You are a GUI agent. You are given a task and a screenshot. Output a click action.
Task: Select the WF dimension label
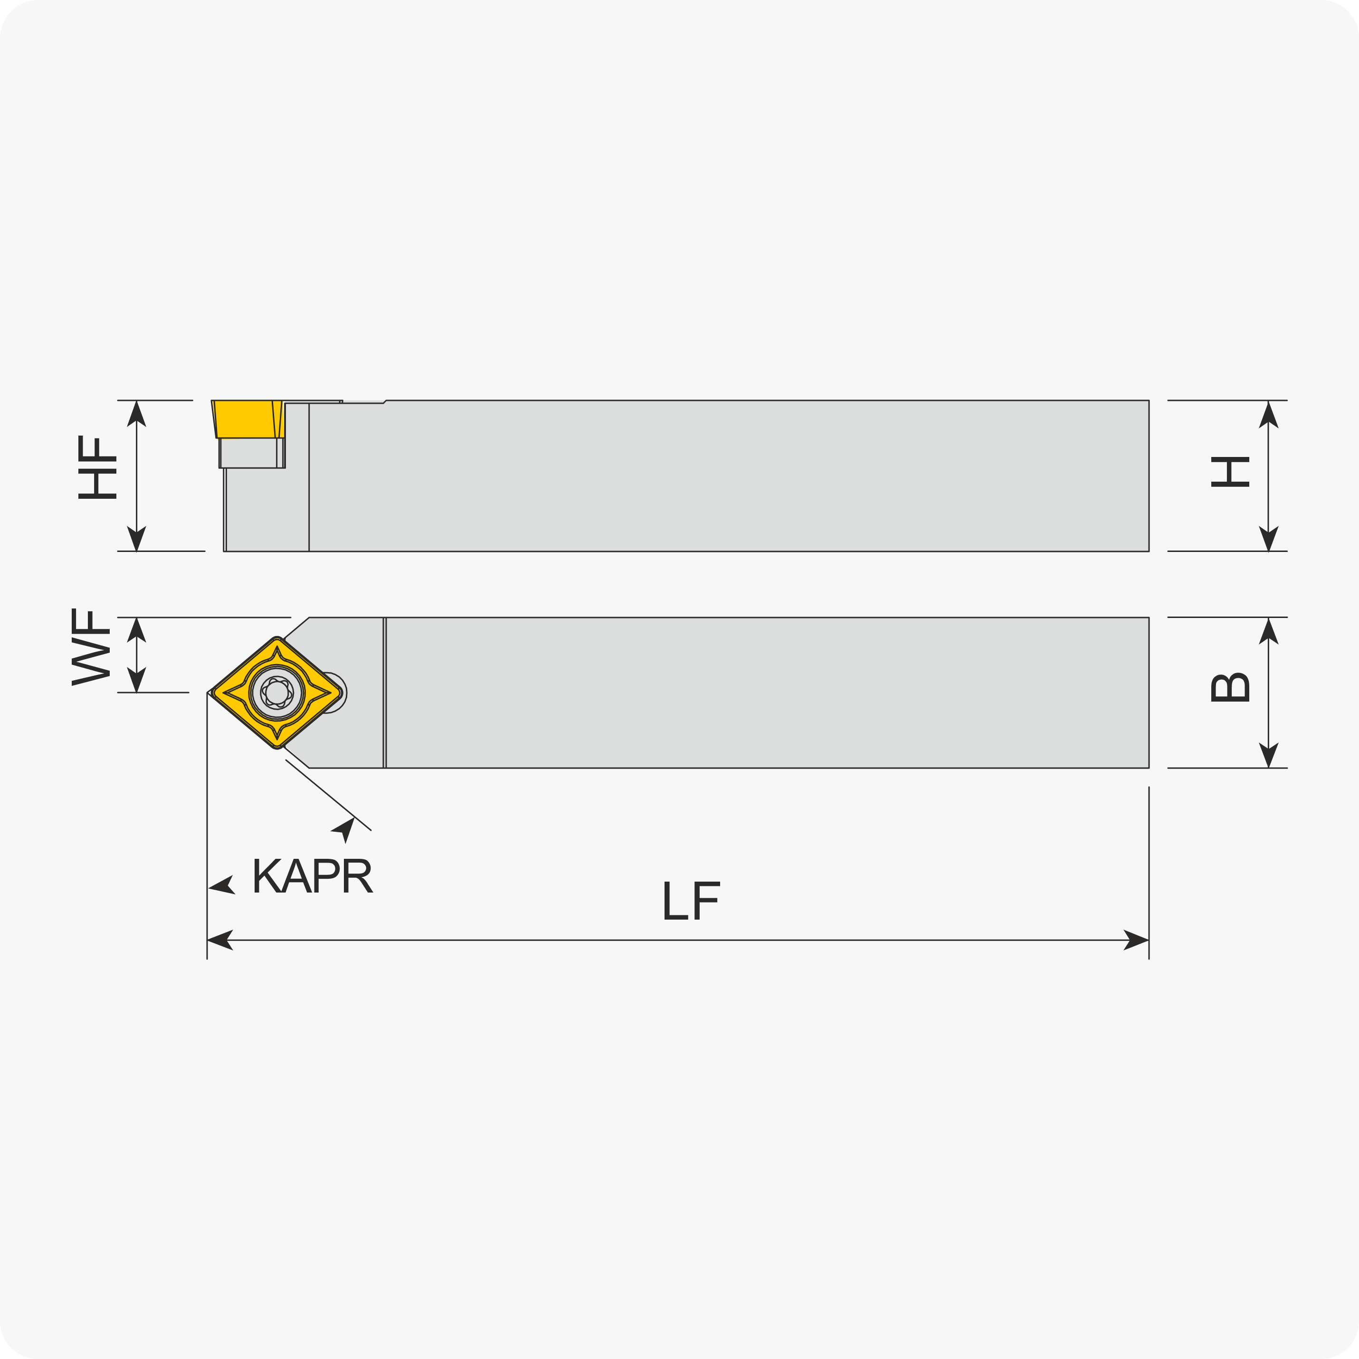91,646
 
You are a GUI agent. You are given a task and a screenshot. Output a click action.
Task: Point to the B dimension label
1230,687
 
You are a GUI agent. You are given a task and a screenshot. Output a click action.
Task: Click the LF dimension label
692,900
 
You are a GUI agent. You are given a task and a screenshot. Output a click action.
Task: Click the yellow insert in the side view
247,419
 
